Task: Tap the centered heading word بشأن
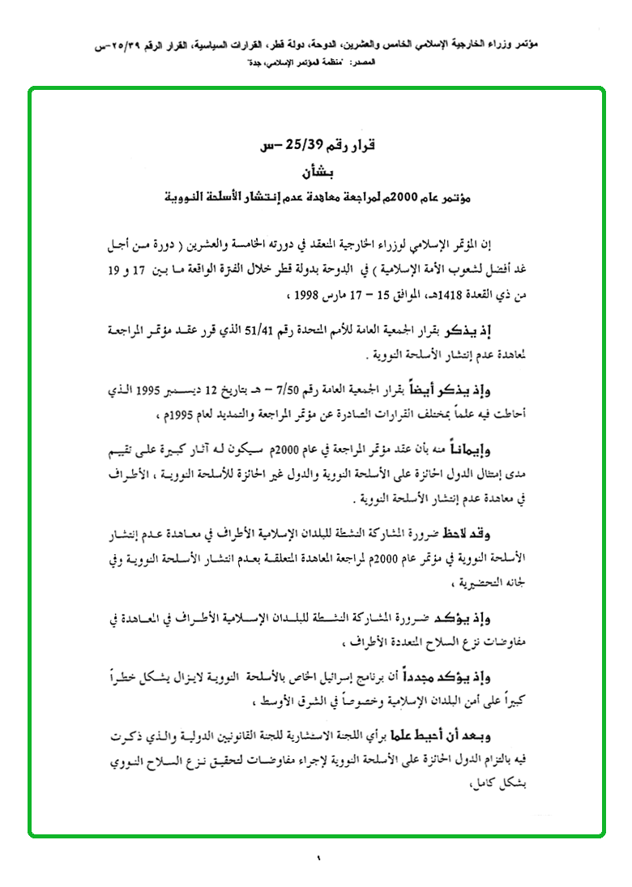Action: pos(315,172)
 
